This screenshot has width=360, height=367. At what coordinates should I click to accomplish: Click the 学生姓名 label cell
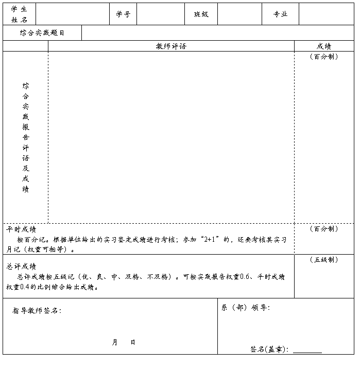20,14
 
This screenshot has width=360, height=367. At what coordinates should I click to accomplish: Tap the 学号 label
123,14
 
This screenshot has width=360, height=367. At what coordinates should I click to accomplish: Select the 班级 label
201,14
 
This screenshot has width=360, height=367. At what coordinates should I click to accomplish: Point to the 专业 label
280,14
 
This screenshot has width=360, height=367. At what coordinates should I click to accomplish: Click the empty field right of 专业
327,14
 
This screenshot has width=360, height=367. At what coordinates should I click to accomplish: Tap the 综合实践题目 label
42,33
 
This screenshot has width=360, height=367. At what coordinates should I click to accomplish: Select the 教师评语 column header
171,46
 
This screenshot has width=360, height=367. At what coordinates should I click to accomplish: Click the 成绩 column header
324,46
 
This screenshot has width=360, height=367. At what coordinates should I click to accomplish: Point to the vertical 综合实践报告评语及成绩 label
26,137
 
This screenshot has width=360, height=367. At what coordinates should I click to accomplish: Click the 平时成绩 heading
21,229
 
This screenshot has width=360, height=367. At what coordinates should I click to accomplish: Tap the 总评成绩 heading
21,266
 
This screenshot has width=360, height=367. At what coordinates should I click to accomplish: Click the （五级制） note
324,260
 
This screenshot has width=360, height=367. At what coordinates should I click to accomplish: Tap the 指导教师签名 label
37,311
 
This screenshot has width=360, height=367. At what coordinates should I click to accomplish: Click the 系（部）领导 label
246,308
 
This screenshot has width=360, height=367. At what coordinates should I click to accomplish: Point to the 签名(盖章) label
269,349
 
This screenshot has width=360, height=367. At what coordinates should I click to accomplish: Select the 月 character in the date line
115,342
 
